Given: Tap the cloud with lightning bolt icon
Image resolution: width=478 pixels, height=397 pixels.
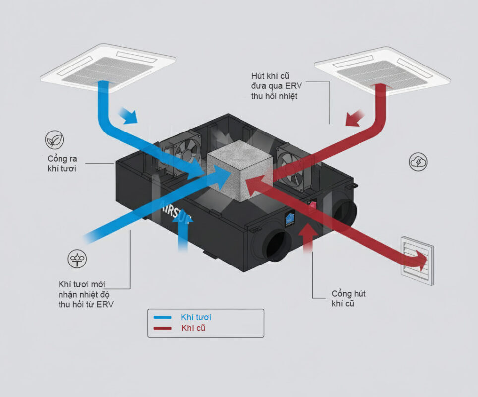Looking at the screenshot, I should [x=418, y=162].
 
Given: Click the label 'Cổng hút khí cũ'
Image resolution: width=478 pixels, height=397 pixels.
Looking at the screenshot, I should [x=347, y=298].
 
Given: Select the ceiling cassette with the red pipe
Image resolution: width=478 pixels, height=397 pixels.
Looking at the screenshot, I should [x=382, y=70].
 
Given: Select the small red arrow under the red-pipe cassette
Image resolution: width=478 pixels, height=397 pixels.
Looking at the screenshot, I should [x=356, y=119].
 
